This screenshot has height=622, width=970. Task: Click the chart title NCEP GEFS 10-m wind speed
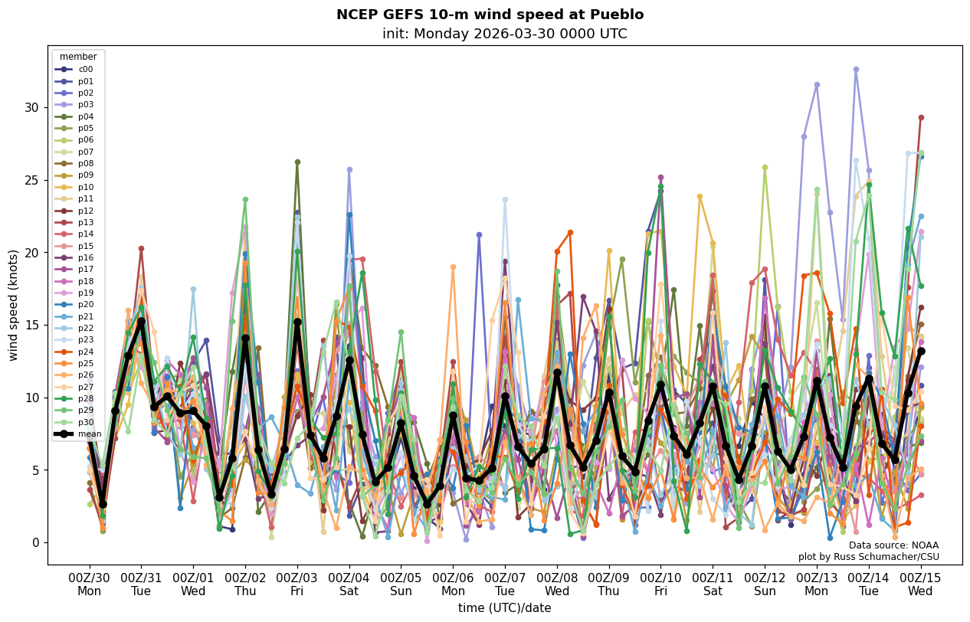[x=490, y=15]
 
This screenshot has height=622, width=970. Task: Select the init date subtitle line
[x=504, y=34]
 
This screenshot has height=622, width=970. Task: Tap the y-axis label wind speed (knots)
[x=13, y=305]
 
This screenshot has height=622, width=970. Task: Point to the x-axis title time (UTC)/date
[x=504, y=607]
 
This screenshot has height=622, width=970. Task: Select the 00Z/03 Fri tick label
[x=297, y=584]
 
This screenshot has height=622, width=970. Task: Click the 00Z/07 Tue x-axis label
[x=505, y=584]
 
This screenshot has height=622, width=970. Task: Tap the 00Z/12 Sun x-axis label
[x=765, y=584]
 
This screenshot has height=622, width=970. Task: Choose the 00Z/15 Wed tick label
[x=920, y=584]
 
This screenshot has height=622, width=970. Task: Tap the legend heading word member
[x=78, y=57]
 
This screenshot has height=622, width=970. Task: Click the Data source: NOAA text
[x=893, y=545]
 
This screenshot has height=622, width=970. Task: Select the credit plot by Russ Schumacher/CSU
[x=868, y=557]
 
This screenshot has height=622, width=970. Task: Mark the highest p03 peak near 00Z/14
[x=856, y=70]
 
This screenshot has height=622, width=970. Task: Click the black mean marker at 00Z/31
[x=141, y=322]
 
